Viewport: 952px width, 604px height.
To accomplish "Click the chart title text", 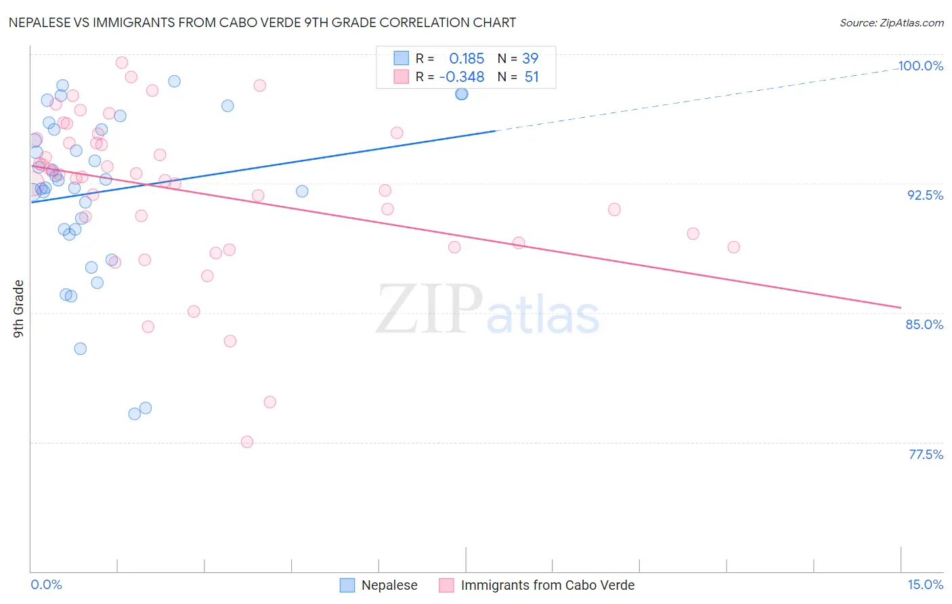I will (262, 22).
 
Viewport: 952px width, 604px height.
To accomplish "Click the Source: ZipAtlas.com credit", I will (891, 22).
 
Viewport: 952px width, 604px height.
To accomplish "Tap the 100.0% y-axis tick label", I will (920, 66).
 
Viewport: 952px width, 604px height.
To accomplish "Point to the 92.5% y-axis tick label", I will (925, 195).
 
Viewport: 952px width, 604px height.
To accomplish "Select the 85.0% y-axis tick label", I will (924, 324).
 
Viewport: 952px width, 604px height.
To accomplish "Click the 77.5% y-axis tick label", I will (926, 454).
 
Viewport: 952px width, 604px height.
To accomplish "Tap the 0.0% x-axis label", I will (46, 584).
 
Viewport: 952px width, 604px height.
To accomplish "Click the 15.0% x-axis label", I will (925, 584).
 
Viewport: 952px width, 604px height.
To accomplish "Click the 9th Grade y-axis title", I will (19, 308).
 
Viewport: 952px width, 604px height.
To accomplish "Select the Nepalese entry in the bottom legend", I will (389, 585).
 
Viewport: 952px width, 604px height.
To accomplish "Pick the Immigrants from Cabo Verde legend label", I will (547, 585).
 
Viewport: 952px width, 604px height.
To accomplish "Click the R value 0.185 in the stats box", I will (467, 59).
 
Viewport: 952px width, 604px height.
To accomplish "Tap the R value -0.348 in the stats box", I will (462, 77).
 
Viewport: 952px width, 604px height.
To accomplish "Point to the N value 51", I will (532, 77).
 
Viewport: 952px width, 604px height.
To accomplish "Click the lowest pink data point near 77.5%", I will (247, 441).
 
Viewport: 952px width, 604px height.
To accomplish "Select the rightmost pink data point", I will (733, 247).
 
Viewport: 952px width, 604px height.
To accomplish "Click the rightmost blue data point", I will (461, 94).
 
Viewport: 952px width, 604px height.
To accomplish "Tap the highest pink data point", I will (122, 63).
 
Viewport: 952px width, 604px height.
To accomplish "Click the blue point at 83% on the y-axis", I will (80, 349).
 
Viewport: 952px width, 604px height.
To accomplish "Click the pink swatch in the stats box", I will (402, 77).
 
